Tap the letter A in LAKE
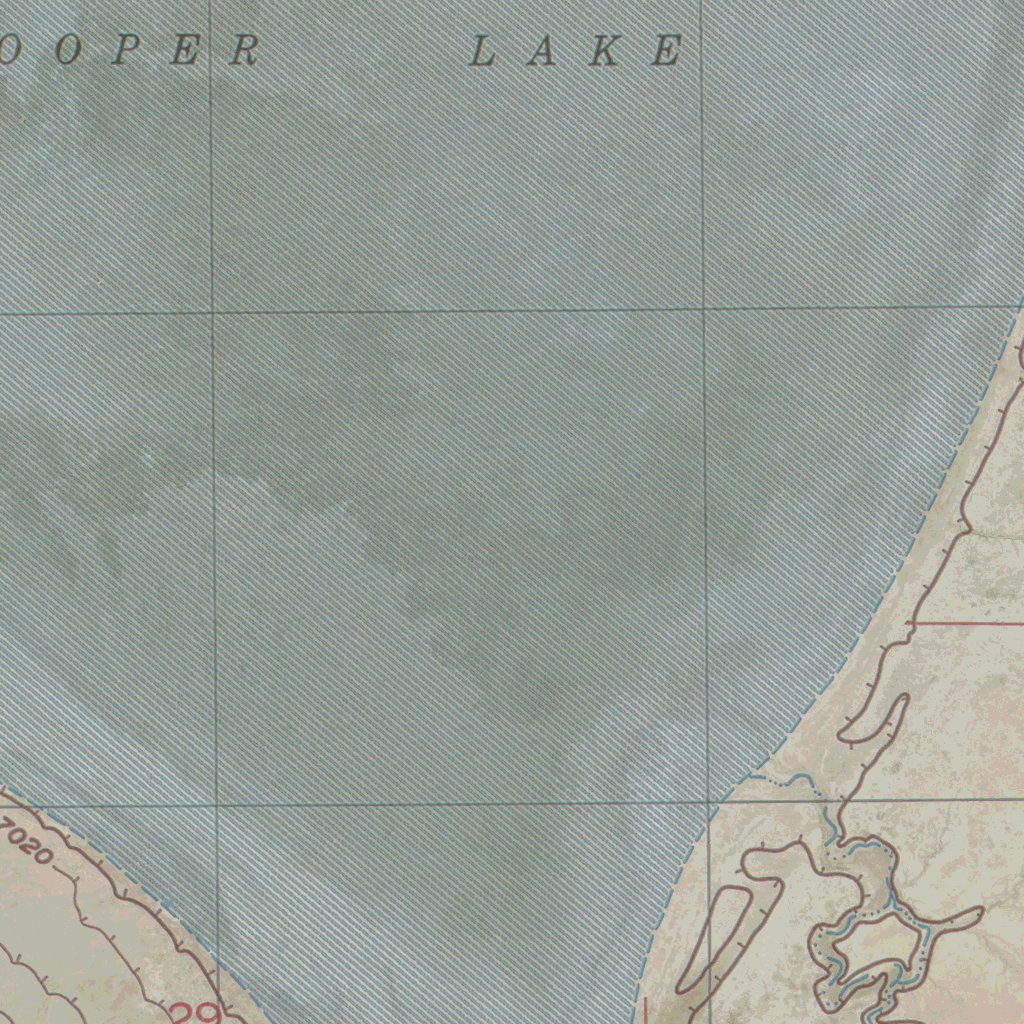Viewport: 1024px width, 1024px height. click(x=543, y=50)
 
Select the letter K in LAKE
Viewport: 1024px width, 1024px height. click(x=604, y=50)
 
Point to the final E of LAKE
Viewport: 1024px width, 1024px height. click(x=667, y=50)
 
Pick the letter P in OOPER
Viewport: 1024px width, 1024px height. click(x=124, y=50)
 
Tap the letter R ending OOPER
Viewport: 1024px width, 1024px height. click(x=245, y=50)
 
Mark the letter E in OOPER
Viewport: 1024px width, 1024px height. click(x=184, y=50)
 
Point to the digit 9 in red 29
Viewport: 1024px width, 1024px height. click(x=211, y=1013)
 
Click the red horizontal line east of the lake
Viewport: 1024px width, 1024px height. click(x=965, y=623)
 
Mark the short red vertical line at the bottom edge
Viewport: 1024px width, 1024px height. click(x=645, y=1010)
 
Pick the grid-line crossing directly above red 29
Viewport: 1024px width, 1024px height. click(x=216, y=804)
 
